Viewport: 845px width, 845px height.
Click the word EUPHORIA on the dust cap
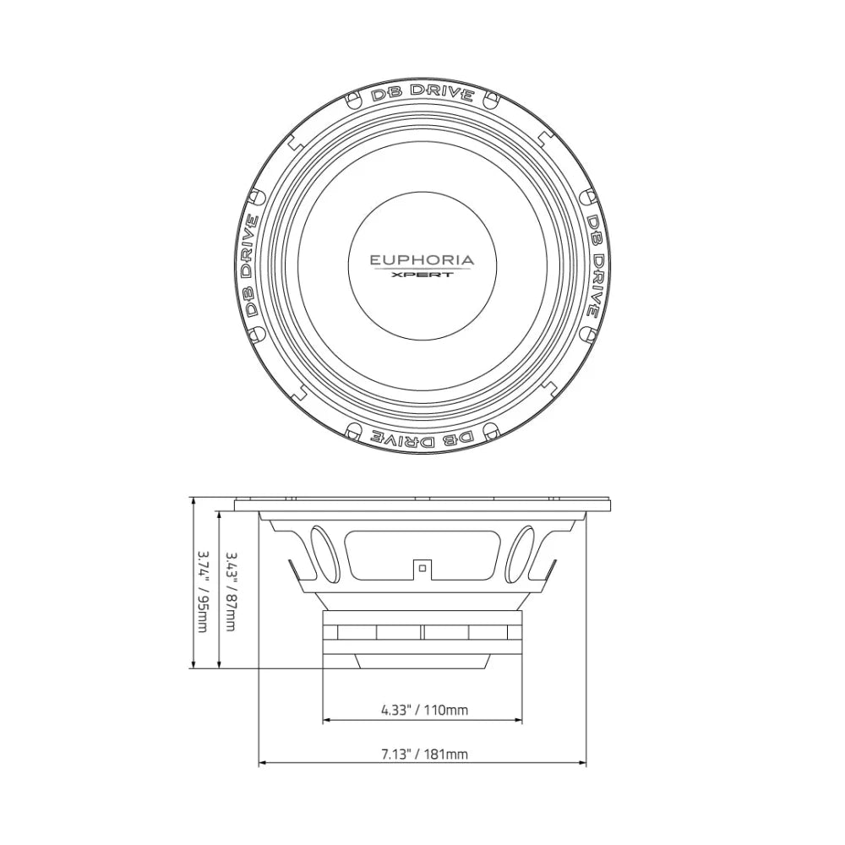[x=422, y=260]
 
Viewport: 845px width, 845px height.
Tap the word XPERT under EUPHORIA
[x=422, y=275]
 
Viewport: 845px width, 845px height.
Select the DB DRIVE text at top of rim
[x=422, y=93]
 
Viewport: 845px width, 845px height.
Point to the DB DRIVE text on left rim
[x=251, y=266]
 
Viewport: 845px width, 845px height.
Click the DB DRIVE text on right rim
[x=594, y=266]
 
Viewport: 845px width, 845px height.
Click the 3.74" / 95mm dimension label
[x=203, y=591]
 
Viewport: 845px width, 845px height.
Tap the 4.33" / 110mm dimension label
[x=425, y=710]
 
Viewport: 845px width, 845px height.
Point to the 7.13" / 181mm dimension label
[x=425, y=754]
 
